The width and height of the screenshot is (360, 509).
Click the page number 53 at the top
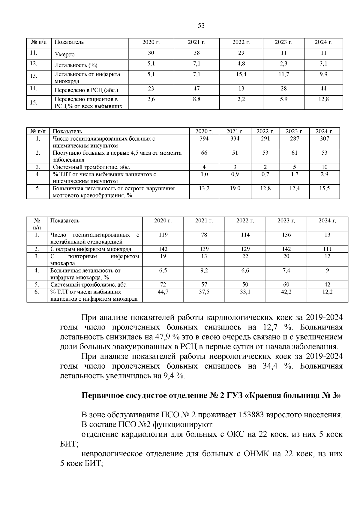click(201, 26)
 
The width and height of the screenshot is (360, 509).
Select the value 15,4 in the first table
click(241, 74)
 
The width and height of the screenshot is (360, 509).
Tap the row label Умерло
click(65, 55)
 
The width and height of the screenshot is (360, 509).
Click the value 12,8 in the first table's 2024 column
click(323, 99)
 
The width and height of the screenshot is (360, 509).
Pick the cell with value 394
click(204, 138)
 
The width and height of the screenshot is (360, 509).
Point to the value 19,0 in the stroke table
click(235, 188)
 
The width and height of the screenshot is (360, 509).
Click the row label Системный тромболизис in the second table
click(91, 167)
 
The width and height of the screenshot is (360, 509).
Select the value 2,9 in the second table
click(324, 174)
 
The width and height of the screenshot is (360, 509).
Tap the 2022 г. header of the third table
click(245, 221)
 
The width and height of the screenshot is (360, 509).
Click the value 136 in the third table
click(286, 235)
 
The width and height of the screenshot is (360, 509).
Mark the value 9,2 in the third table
click(204, 270)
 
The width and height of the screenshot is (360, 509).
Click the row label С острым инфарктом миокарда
click(91, 249)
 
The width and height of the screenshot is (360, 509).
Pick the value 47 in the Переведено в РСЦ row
click(196, 88)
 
